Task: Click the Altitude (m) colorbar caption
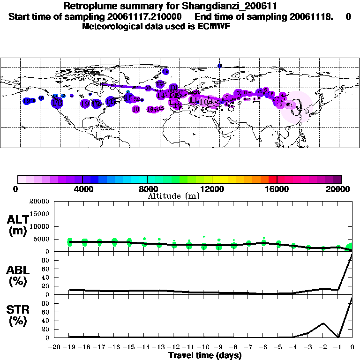(173, 196)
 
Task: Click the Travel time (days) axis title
(205, 355)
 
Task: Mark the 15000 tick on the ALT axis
(40, 214)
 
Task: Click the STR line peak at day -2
(323, 323)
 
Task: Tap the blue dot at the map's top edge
(220, 65)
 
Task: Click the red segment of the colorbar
(273, 179)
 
